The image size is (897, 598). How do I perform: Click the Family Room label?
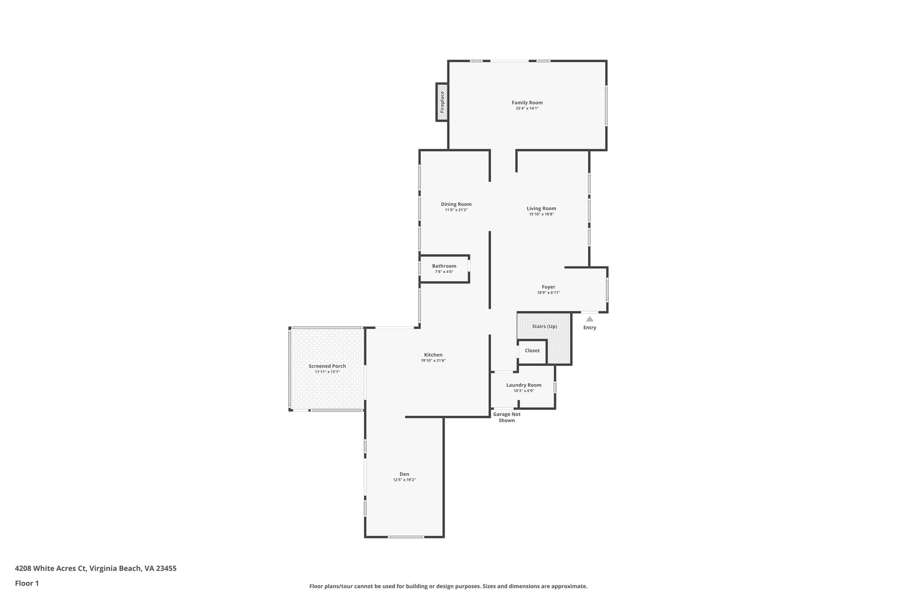[527, 103]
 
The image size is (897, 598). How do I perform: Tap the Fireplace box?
[442, 102]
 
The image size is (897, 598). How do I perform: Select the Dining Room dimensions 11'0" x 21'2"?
[456, 210]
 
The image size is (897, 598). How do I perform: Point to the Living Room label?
[541, 209]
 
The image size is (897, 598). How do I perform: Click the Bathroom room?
[444, 269]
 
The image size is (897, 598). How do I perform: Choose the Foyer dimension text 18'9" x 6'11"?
[548, 293]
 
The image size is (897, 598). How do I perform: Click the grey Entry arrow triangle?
[590, 319]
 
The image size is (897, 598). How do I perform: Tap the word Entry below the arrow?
[590, 328]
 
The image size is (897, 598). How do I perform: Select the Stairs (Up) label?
[544, 326]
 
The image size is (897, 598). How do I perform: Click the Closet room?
[532, 350]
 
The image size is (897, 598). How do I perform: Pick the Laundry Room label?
[523, 385]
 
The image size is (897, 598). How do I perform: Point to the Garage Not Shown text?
[507, 417]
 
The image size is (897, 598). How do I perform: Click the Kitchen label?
[433, 355]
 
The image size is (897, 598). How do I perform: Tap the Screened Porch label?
[327, 366]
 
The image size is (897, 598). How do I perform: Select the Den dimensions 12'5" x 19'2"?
[404, 480]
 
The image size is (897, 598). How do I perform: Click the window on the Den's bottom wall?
[406, 537]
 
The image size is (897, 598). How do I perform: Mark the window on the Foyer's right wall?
[607, 290]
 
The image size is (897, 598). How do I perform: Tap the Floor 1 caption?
[27, 584]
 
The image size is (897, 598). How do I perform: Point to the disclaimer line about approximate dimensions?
[448, 586]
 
